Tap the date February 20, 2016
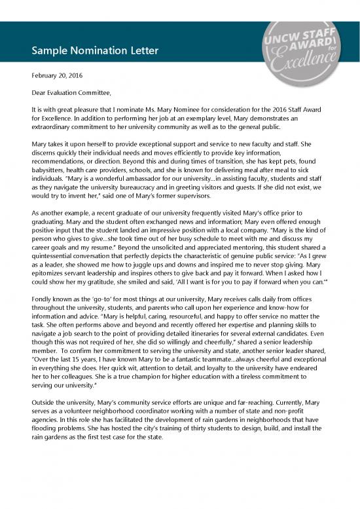(x=60, y=76)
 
